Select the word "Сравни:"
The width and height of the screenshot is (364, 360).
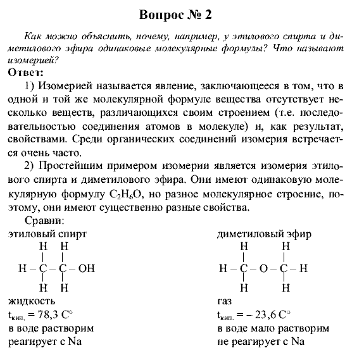43,221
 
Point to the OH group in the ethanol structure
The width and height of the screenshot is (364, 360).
85,268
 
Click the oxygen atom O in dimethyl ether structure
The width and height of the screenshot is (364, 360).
264,268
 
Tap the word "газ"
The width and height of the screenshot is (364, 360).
225,301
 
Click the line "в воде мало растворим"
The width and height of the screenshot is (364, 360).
273,329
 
